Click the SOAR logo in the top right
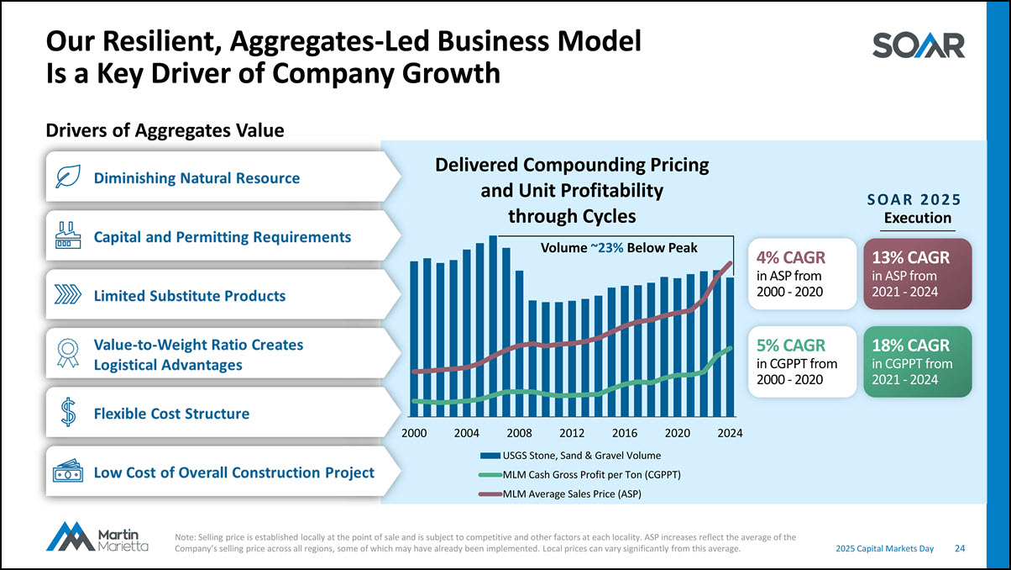pyautogui.click(x=919, y=45)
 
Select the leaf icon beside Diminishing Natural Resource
pyautogui.click(x=67, y=177)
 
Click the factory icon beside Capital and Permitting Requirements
pyautogui.click(x=67, y=236)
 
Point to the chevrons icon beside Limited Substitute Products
pyautogui.click(x=67, y=295)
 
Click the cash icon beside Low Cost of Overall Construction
pyautogui.click(x=68, y=472)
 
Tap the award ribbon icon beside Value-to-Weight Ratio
pyautogui.click(x=68, y=354)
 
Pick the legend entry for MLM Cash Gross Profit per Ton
pyautogui.click(x=579, y=475)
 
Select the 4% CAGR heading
pyautogui.click(x=790, y=257)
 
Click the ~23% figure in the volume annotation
pyautogui.click(x=606, y=248)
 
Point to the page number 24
pyautogui.click(x=959, y=548)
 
